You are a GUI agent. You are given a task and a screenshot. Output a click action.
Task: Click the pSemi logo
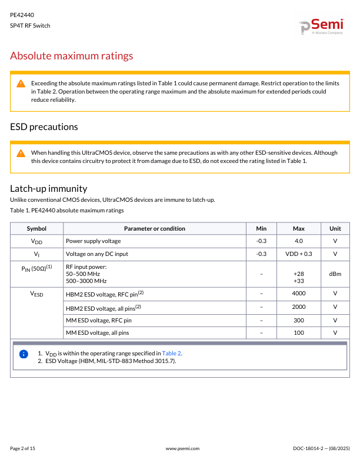coord(321,26)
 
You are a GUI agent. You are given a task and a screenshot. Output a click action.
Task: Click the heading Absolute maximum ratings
coord(72,56)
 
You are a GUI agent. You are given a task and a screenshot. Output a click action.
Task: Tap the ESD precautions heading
coord(44,127)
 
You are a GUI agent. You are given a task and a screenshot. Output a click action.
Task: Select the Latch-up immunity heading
coord(49,188)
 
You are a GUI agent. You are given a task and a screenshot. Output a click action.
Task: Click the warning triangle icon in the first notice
coord(21,84)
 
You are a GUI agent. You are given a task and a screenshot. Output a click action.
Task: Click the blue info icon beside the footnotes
coord(24,354)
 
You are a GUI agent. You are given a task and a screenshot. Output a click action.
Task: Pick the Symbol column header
coord(36,228)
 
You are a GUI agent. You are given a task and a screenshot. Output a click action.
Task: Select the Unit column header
coord(335,228)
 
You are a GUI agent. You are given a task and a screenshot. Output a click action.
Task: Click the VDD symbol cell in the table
coord(36,241)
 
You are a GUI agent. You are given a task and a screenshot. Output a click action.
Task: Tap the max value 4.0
coord(298,241)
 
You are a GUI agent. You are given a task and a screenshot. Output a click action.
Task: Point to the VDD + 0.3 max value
coord(298,254)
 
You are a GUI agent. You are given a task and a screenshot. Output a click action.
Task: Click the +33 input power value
coord(298,281)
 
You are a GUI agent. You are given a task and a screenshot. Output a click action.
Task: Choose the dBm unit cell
coord(335,274)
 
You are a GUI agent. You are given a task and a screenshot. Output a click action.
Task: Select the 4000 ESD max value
coord(298,293)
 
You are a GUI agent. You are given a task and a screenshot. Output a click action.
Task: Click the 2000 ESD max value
coord(298,307)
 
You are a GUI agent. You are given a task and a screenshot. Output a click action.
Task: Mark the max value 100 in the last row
coord(298,333)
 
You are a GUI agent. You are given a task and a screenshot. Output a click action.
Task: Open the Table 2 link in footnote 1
coord(172,353)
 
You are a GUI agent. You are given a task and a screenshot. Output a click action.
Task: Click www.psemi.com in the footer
coord(183,448)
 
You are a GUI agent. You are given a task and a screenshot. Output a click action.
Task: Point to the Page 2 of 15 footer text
coord(23,448)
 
